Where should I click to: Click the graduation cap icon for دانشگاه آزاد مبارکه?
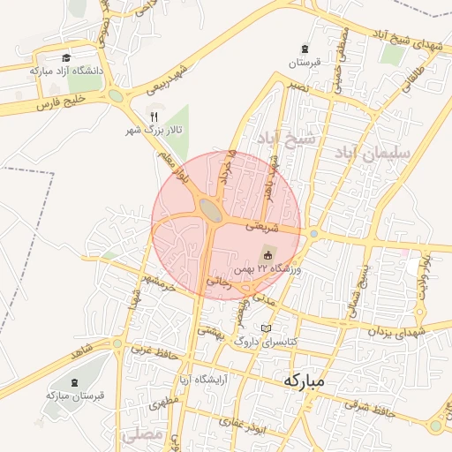pyautogui.click(x=65, y=57)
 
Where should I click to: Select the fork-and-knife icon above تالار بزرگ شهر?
pyautogui.click(x=154, y=116)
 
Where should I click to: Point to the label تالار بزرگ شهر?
pyautogui.click(x=154, y=131)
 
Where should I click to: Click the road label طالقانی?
pyautogui.click(x=415, y=72)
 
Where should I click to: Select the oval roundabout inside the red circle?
pyautogui.click(x=211, y=209)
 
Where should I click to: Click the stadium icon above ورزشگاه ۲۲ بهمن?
pyautogui.click(x=268, y=254)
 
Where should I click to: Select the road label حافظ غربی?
pyautogui.click(x=151, y=350)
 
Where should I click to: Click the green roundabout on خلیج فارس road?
pyautogui.click(x=116, y=95)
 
